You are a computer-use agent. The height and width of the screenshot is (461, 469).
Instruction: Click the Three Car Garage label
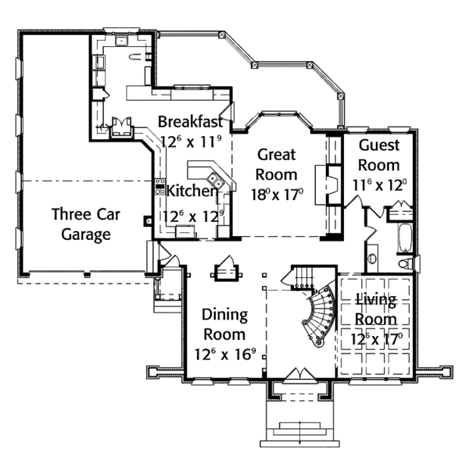(x=81, y=223)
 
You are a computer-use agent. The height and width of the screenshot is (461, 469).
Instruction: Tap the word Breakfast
(x=191, y=122)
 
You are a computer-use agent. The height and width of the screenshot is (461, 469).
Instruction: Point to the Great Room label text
(x=277, y=164)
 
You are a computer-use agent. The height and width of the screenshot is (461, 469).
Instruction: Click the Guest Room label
(x=379, y=155)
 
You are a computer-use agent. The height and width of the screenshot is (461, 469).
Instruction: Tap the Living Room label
(x=375, y=309)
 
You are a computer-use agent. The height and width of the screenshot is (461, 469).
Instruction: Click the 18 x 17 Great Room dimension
(x=277, y=195)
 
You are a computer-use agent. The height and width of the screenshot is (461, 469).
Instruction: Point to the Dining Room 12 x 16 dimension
(x=225, y=353)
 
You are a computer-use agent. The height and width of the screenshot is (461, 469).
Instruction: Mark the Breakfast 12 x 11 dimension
(x=192, y=142)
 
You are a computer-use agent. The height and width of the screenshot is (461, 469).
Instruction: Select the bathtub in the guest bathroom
(x=404, y=239)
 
